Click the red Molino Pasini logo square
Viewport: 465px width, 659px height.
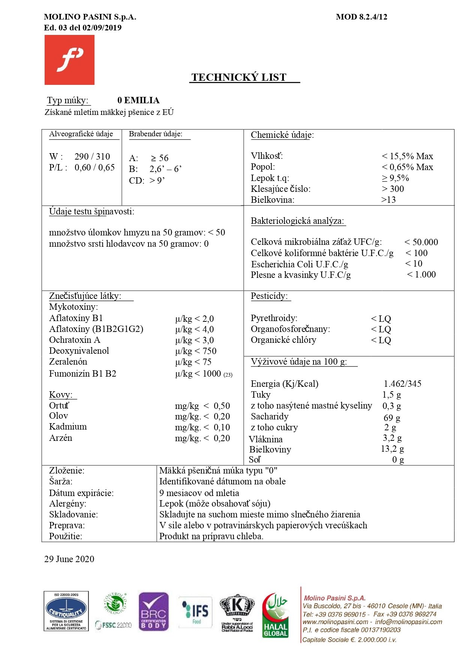(x=69, y=60)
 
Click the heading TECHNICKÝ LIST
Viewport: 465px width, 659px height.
(x=239, y=77)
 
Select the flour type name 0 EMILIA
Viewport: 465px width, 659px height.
(x=138, y=100)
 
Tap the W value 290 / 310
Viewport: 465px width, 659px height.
(x=92, y=157)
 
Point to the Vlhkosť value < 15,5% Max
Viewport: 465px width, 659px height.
(x=407, y=156)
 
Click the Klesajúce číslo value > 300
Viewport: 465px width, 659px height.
(x=393, y=189)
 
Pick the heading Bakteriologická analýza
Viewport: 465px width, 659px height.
(x=297, y=221)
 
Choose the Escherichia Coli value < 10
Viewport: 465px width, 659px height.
(x=414, y=264)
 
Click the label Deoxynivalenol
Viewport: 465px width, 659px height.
(x=79, y=351)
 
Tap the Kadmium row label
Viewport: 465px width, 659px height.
(x=68, y=427)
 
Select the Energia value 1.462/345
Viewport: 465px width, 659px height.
(x=402, y=384)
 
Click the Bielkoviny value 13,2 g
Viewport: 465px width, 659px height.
(x=392, y=449)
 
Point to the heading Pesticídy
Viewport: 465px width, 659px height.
(x=269, y=296)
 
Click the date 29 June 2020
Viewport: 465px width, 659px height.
(x=69, y=559)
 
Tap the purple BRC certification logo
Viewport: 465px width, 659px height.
(x=153, y=611)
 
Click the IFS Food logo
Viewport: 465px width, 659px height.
(x=195, y=612)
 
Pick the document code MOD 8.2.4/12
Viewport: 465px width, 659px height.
(x=361, y=17)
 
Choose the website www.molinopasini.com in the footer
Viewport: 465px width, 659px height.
(x=335, y=622)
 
